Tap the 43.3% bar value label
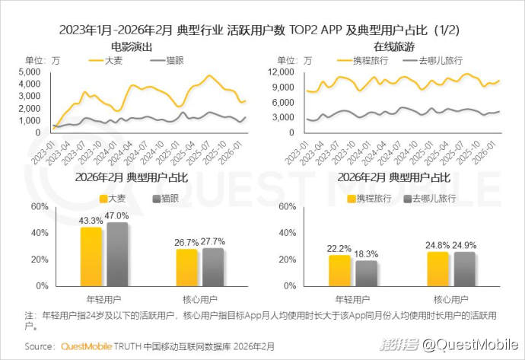pos(92,220)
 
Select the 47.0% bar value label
pos(117,215)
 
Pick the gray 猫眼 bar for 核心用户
pos(214,266)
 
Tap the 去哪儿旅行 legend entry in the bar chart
pos(436,198)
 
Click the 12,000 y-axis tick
pos(282,72)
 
